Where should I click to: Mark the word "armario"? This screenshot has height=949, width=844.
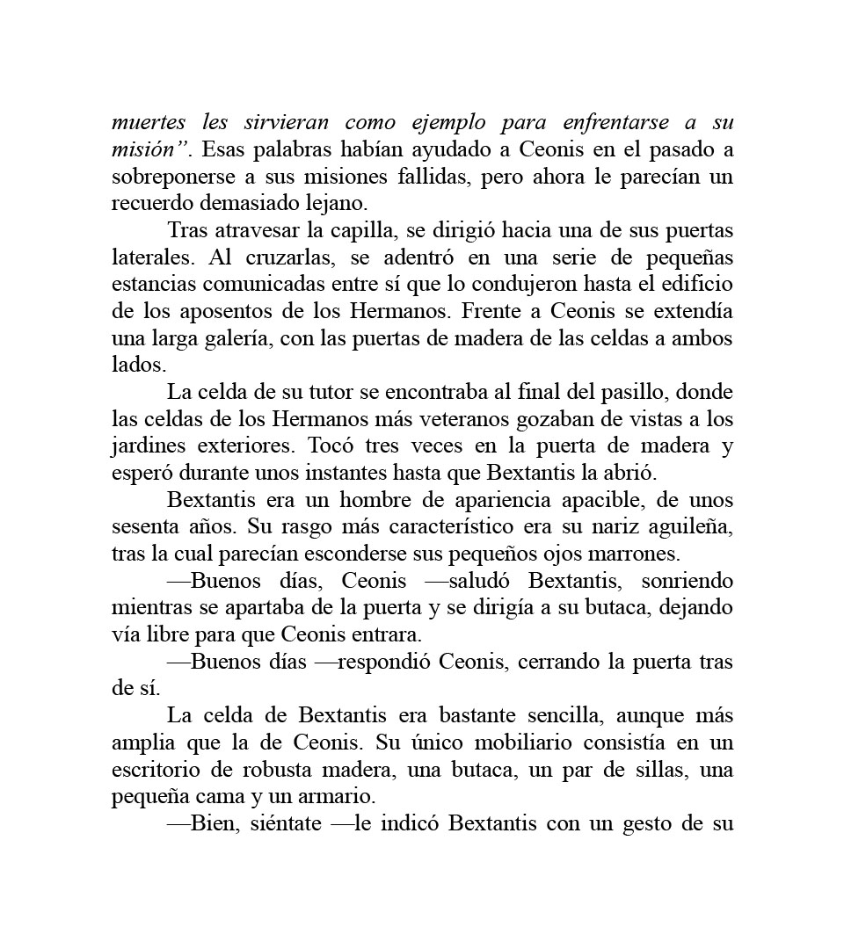342,797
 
